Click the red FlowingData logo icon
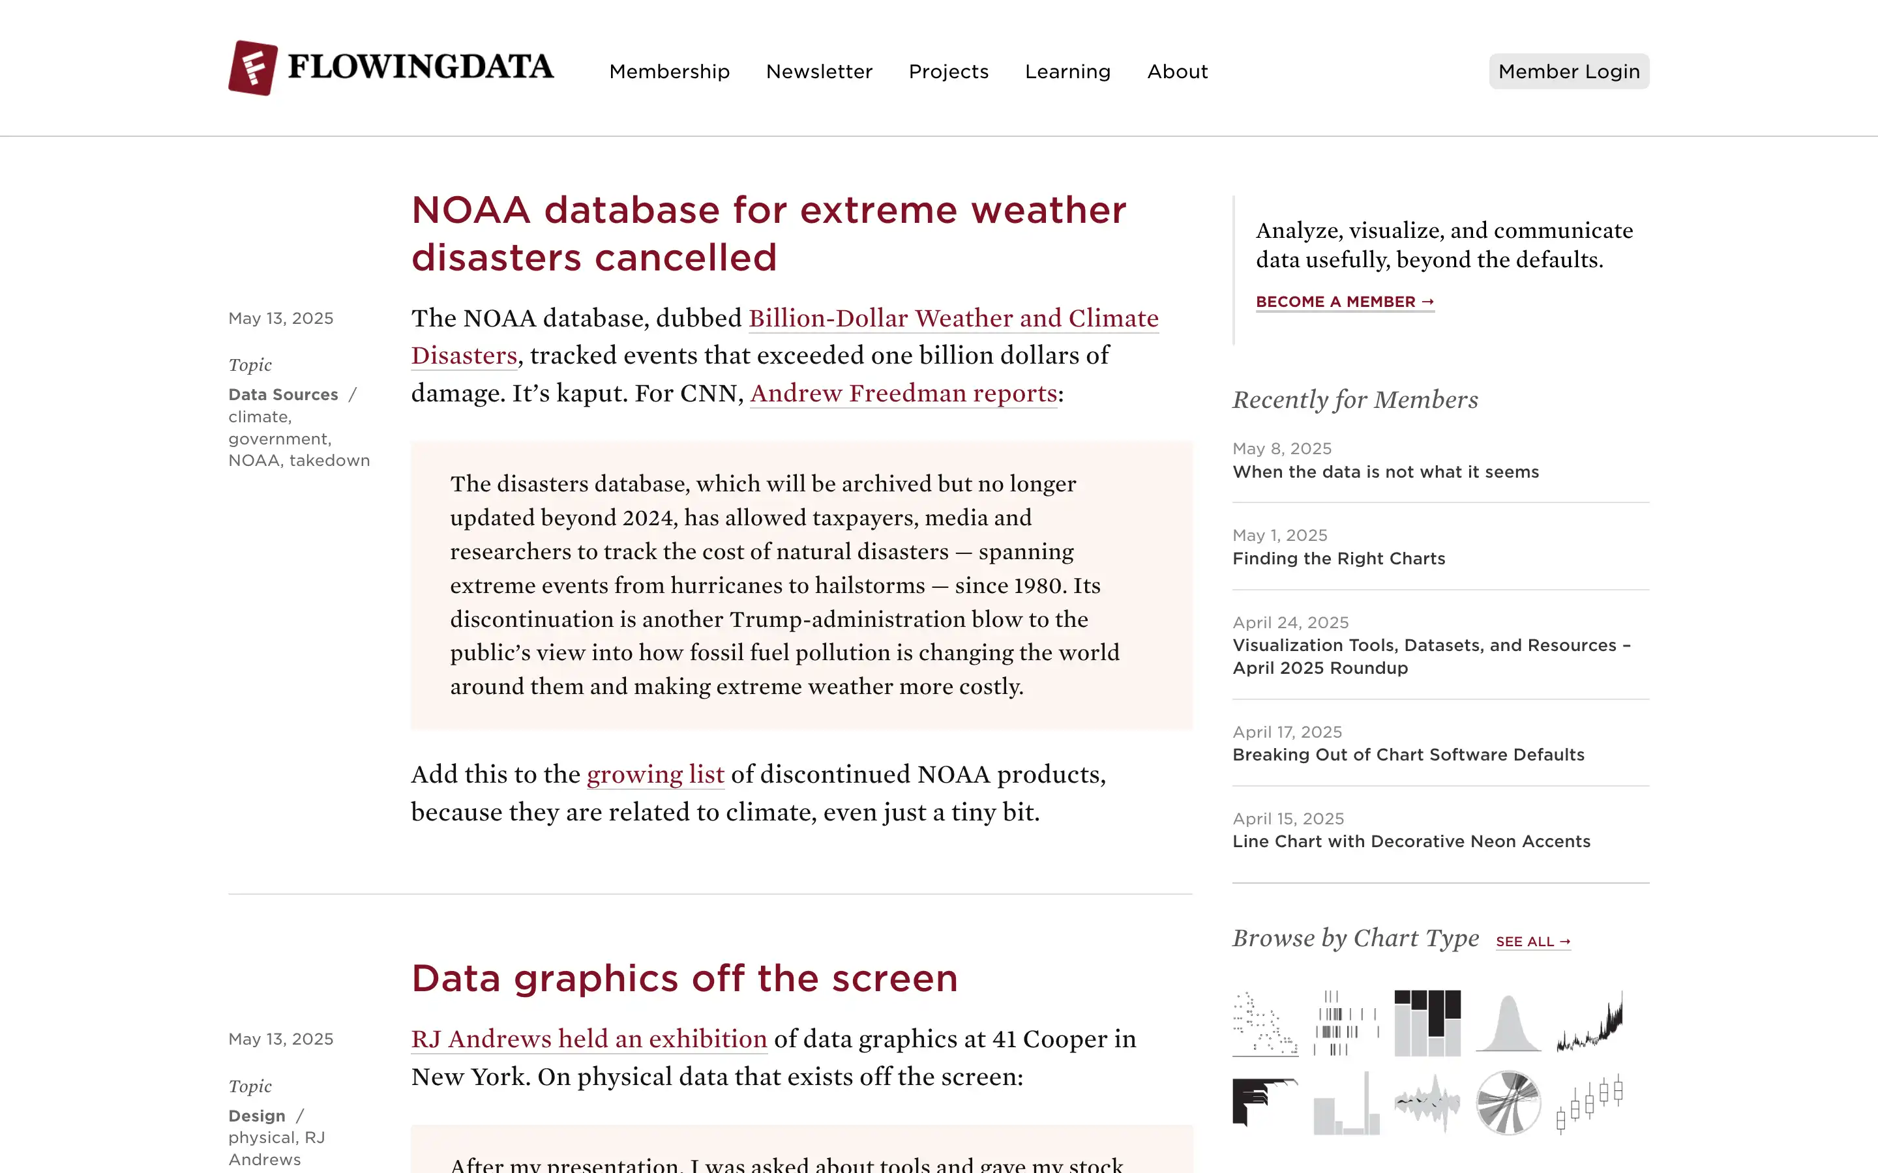pos(253,68)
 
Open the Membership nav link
pos(669,72)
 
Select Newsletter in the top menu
pos(819,72)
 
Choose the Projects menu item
pos(948,72)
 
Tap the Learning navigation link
pos(1067,72)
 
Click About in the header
pos(1177,72)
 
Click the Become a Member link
pos(1345,302)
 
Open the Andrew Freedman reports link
pos(903,394)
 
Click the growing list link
pos(655,774)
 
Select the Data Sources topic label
pos(283,395)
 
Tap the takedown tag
pos(329,461)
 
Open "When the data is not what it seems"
pos(1385,472)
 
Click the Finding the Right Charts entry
pos(1339,558)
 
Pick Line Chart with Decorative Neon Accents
pos(1411,842)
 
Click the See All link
pos(1532,942)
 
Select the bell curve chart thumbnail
pos(1508,1023)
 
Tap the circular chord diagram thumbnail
pos(1508,1103)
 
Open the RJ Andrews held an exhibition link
pos(589,1039)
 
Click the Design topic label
pos(257,1116)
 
